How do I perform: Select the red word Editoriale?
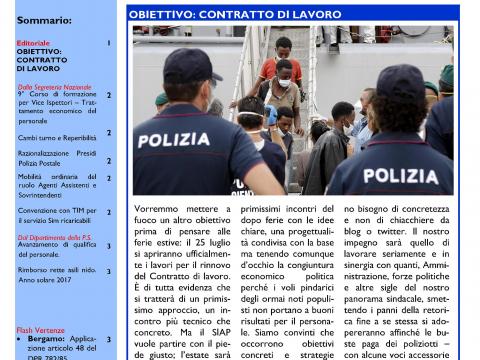[33, 44]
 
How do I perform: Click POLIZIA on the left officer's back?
[174, 140]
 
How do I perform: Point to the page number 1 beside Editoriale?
[109, 44]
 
